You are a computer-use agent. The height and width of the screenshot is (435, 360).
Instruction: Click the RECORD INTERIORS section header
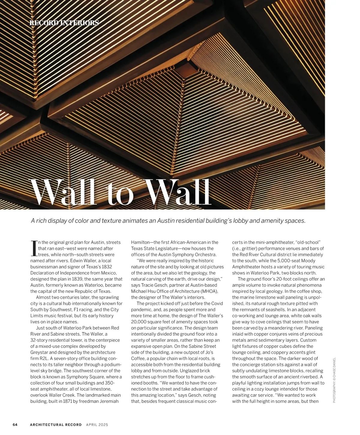[64, 23]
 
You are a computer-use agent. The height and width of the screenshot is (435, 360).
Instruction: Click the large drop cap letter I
[34, 249]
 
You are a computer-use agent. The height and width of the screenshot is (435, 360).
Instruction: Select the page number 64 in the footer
[15, 424]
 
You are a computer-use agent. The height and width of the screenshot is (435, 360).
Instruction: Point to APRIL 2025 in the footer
[97, 424]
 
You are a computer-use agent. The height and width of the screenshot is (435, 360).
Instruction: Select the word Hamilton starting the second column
[141, 242]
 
